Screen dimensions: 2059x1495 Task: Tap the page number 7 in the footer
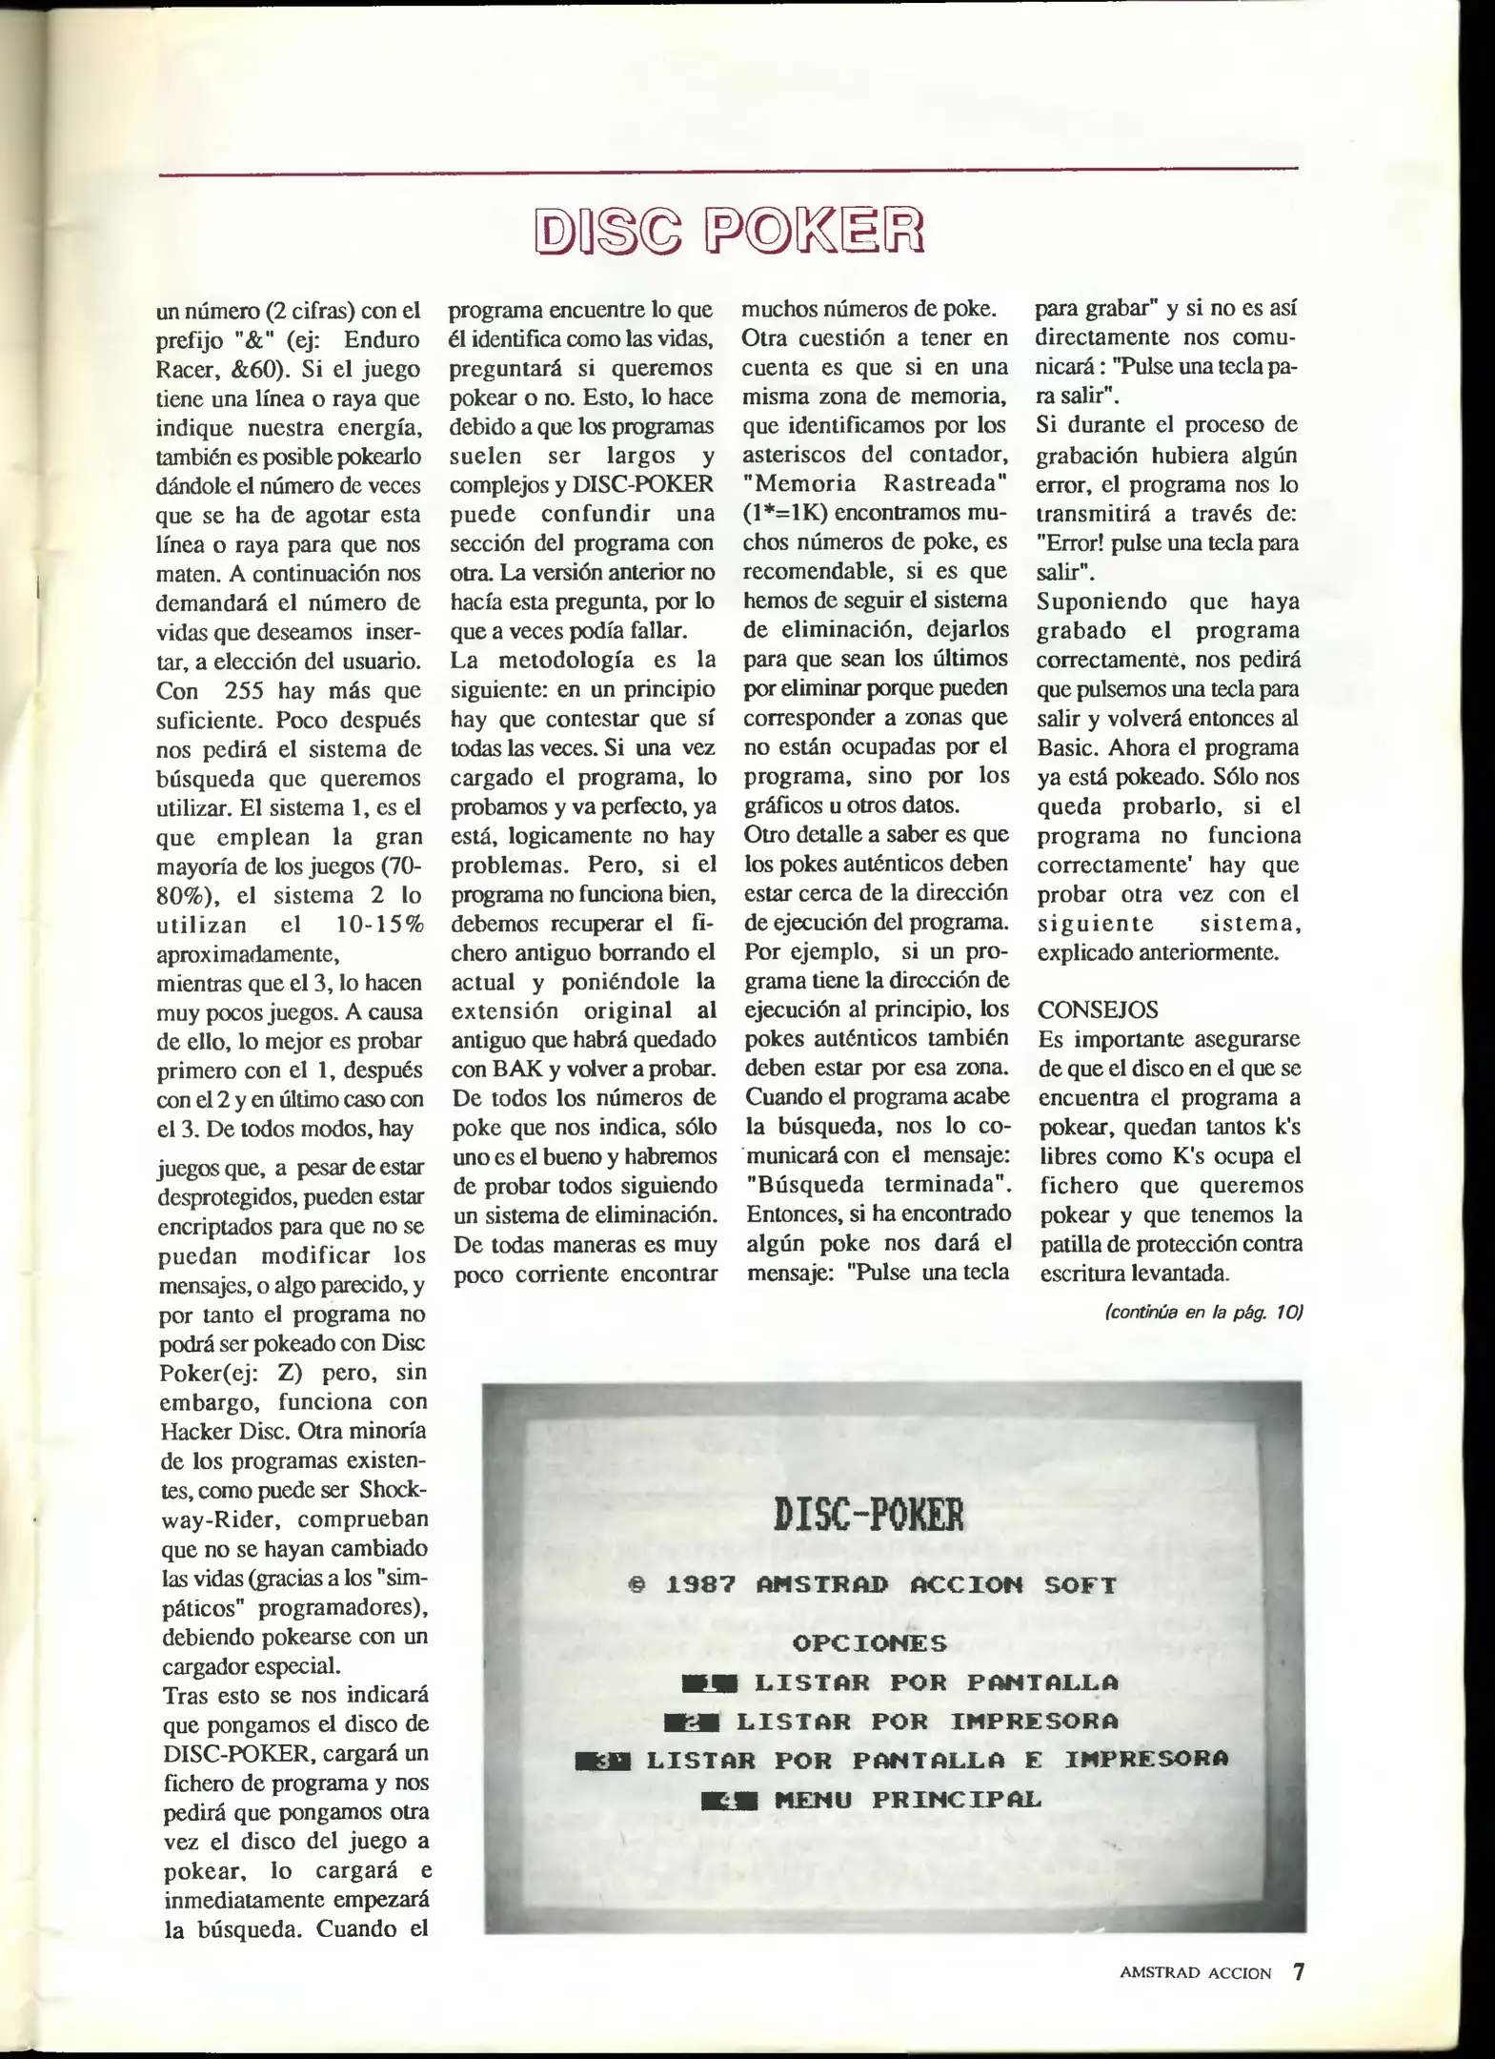pos(1297,1970)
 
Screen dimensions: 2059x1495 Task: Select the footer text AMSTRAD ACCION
pos(1195,1972)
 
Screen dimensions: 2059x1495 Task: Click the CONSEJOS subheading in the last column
pos(1084,1009)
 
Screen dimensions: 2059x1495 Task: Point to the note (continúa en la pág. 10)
pos(1202,1312)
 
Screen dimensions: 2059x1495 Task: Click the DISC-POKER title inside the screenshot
pos(869,1514)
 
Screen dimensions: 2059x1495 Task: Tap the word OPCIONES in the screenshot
pos(869,1642)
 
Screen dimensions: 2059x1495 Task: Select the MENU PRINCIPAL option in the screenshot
pos(908,1800)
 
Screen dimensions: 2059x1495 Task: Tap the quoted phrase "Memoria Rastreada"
pos(876,483)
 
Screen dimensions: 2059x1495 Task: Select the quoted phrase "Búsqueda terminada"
pos(877,1184)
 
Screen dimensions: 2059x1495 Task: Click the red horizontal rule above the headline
pos(729,173)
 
